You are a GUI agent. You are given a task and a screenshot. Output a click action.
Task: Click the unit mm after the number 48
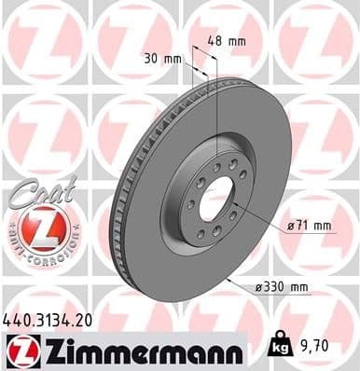tap(240, 41)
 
